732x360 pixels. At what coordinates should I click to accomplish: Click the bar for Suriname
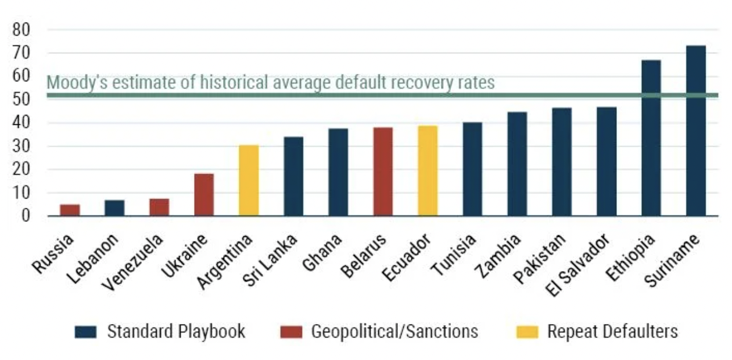695,131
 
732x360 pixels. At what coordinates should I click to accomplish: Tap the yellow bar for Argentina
249,181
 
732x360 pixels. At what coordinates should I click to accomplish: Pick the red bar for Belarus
383,172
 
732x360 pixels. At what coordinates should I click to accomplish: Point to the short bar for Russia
70,210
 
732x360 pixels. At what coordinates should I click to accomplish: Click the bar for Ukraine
204,195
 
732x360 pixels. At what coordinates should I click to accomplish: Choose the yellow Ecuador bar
428,171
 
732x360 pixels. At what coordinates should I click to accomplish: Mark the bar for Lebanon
114,208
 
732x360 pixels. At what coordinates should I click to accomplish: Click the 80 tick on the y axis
25,29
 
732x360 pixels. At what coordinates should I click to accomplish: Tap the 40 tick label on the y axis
25,123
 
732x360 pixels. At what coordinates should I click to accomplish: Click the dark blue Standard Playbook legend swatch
86,332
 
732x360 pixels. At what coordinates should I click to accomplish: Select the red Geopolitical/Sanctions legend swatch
290,332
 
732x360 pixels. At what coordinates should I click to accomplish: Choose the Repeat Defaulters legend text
612,332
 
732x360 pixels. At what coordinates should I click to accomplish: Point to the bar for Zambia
517,164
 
